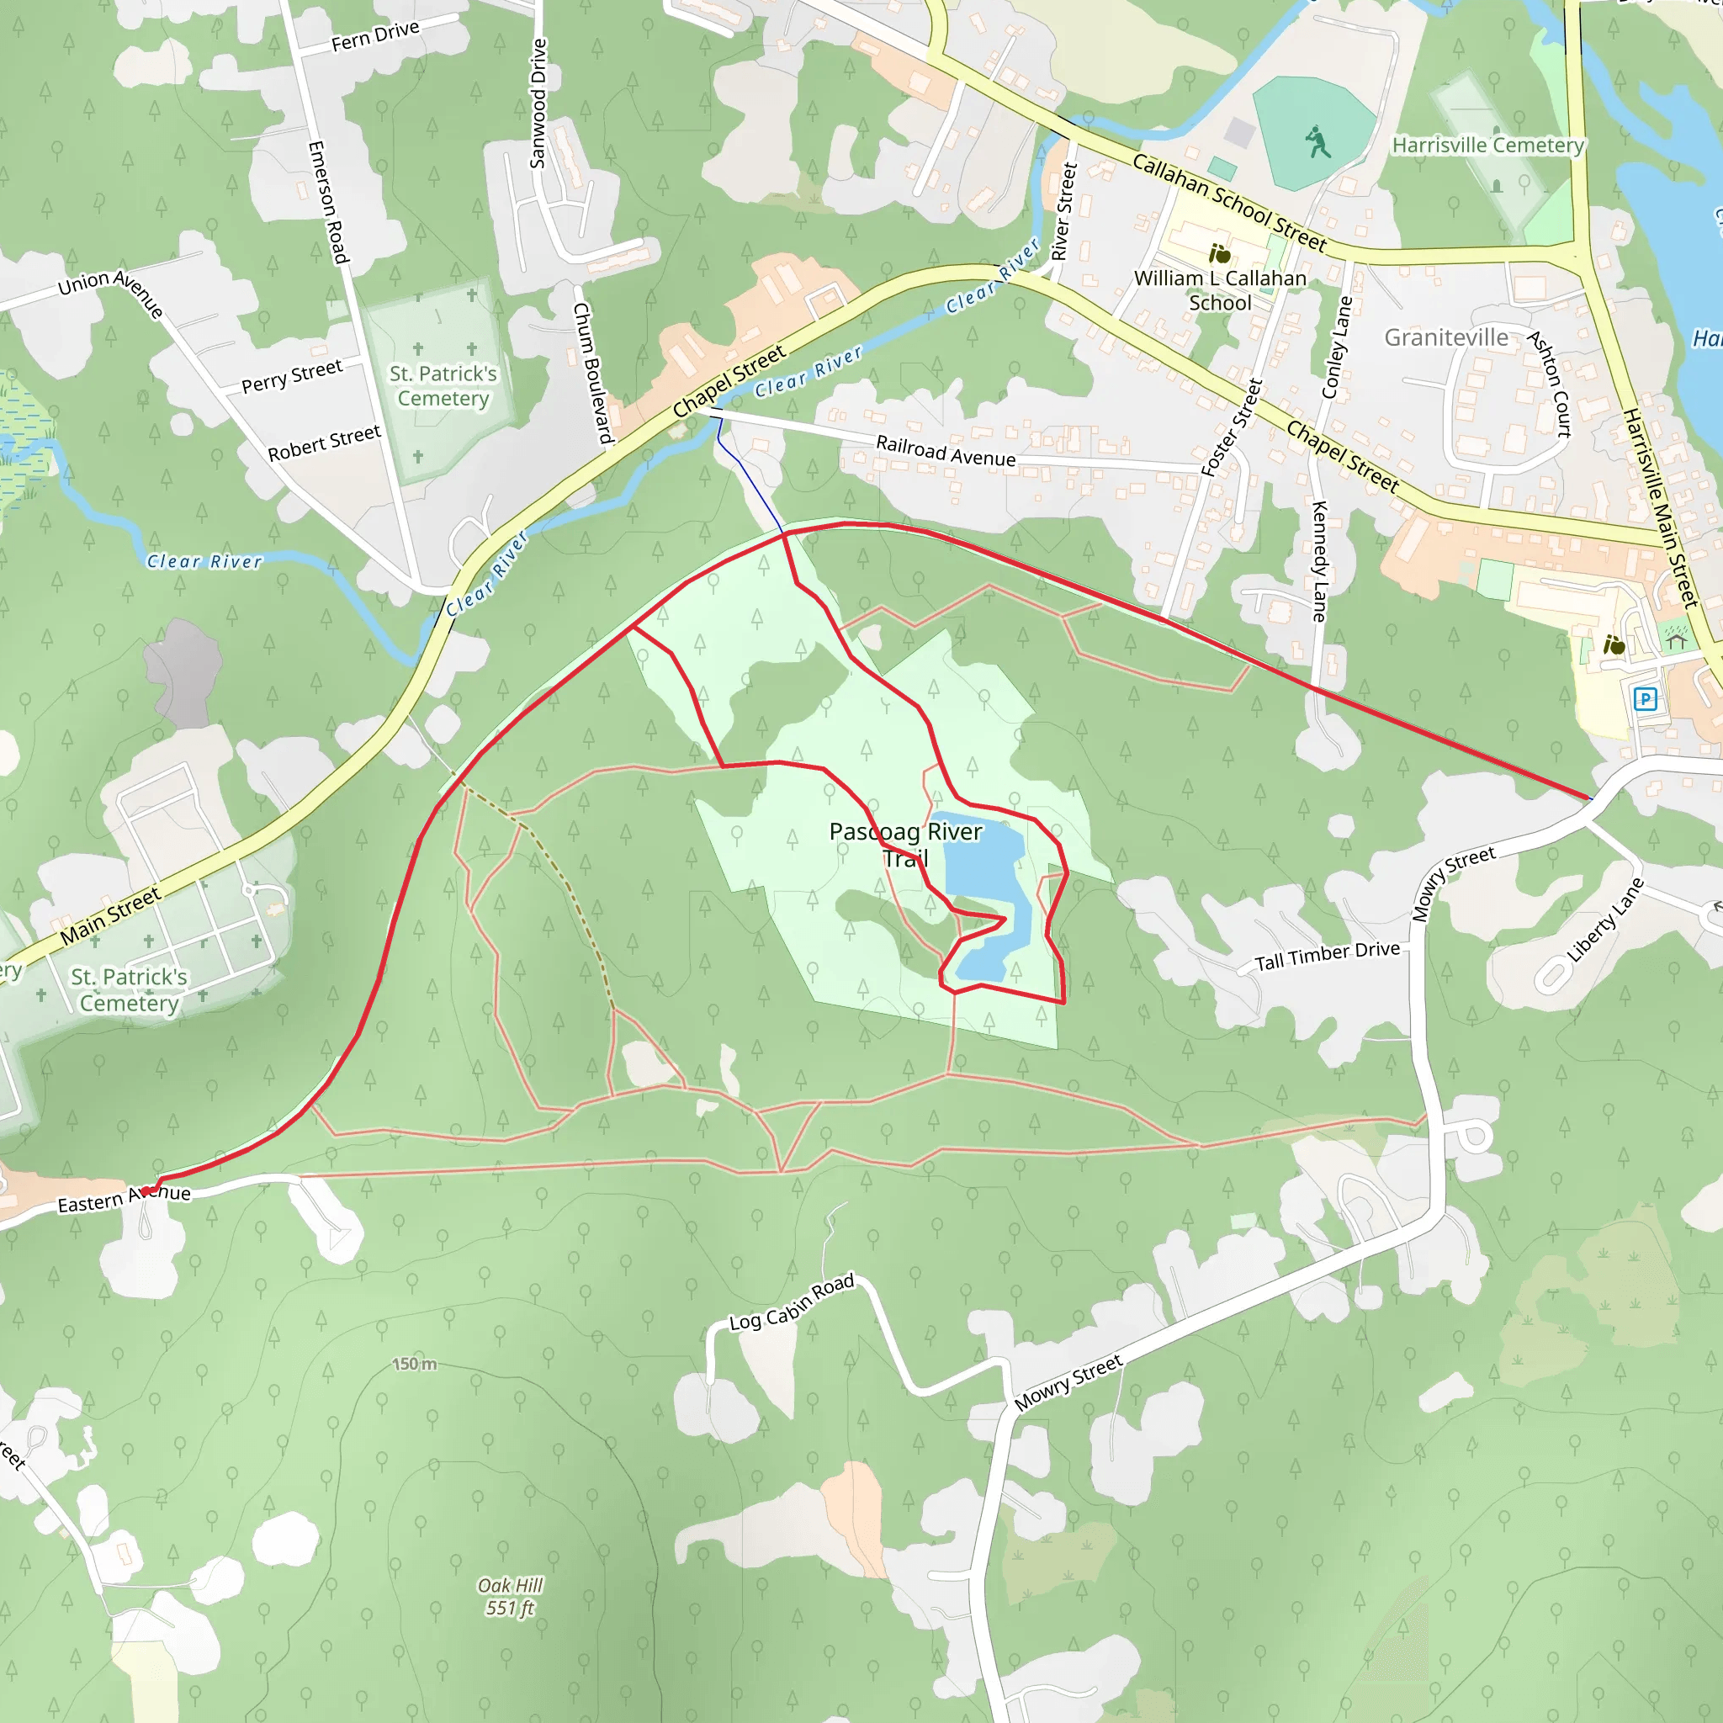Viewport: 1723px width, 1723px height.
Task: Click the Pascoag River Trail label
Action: [x=905, y=845]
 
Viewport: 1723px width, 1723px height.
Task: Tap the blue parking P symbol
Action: [x=1646, y=699]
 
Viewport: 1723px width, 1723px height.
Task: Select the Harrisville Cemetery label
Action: [x=1487, y=146]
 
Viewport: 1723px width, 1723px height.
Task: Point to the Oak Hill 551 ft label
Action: [x=510, y=1596]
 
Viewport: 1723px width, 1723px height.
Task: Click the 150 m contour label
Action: [x=415, y=1364]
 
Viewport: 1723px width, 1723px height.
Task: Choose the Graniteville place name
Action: [x=1445, y=337]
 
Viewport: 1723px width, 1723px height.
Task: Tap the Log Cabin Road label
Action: [x=792, y=1302]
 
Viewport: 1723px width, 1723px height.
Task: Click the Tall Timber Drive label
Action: [x=1327, y=956]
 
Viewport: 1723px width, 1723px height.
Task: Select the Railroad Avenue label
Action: [x=946, y=450]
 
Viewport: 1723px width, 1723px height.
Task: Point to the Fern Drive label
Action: [x=375, y=35]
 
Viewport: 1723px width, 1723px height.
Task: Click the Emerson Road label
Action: [x=327, y=203]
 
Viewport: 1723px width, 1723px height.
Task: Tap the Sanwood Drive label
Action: [x=538, y=103]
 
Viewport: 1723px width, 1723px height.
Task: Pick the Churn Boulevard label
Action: [x=593, y=373]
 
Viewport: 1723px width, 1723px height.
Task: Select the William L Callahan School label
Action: [x=1220, y=291]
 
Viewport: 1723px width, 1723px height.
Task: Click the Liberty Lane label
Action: [x=1605, y=920]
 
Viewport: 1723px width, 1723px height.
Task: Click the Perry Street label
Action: [x=292, y=376]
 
